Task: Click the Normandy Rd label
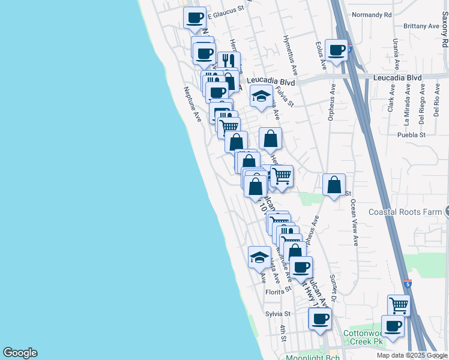(372, 14)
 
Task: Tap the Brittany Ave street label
(421, 26)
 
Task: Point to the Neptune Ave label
(192, 104)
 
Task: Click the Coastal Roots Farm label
(405, 212)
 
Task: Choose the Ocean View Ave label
(354, 223)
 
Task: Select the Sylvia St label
(278, 314)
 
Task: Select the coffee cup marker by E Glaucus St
(194, 17)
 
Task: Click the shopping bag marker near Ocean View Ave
(334, 185)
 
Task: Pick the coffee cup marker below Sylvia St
(320, 319)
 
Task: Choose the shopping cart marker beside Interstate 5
(399, 305)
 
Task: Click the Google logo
(20, 353)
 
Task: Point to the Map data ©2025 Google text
(411, 355)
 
